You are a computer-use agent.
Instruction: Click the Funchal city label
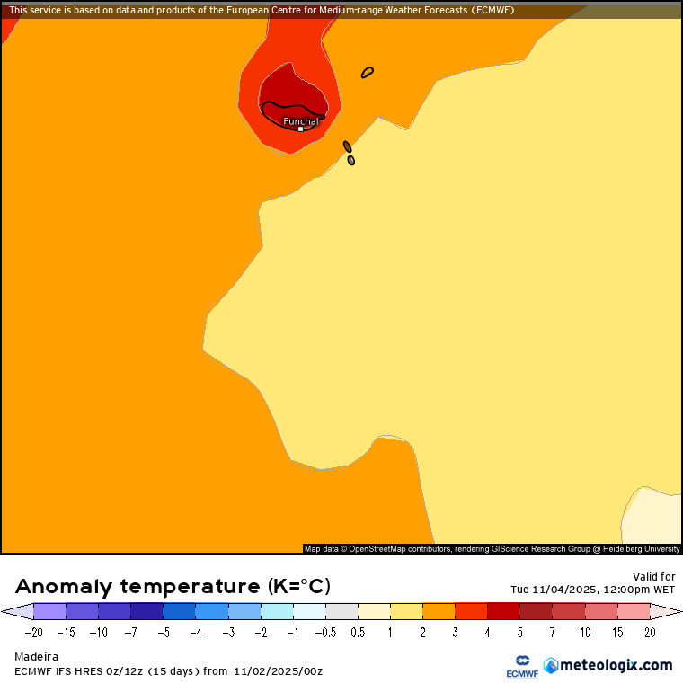click(x=300, y=120)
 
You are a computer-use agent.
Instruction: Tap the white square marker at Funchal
click(x=300, y=129)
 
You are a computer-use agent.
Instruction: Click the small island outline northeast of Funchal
click(x=368, y=73)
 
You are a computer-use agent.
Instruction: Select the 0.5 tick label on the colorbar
click(x=358, y=632)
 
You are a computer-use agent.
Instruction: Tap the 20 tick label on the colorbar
click(x=650, y=632)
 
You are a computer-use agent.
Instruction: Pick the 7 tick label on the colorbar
click(x=553, y=632)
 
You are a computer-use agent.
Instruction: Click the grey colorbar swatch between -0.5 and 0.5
click(x=341, y=611)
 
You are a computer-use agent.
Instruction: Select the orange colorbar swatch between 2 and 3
click(x=439, y=611)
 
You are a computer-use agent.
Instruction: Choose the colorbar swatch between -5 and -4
click(x=179, y=611)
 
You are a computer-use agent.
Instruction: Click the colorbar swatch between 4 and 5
click(x=503, y=611)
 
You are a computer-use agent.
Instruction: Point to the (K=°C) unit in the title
click(x=298, y=587)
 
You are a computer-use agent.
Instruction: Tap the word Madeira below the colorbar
click(x=36, y=657)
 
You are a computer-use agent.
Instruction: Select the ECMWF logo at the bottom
click(x=521, y=666)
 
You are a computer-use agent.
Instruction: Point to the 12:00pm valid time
click(x=616, y=590)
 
